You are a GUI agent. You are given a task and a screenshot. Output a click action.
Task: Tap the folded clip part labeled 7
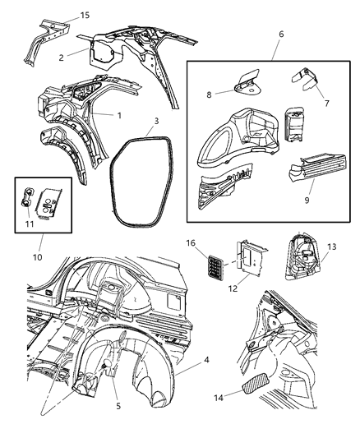point(305,81)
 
